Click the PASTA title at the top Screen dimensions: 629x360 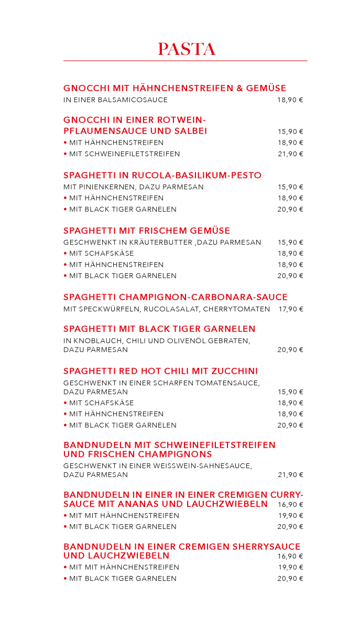(x=187, y=49)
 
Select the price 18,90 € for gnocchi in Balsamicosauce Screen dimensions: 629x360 (x=290, y=100)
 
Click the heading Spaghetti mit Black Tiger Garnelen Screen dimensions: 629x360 (x=159, y=329)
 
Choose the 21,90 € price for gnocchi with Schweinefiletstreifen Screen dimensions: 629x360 (x=290, y=154)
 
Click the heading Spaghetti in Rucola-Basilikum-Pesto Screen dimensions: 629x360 (x=162, y=175)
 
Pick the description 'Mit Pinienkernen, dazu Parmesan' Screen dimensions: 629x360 (x=134, y=187)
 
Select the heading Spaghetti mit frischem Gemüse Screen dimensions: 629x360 (x=147, y=231)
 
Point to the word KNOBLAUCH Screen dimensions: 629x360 (x=96, y=341)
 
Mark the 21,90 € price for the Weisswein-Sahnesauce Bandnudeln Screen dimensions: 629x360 (x=290, y=475)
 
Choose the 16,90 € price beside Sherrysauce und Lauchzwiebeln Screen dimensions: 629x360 (x=290, y=556)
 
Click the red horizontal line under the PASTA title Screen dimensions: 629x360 (x=185, y=61)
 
